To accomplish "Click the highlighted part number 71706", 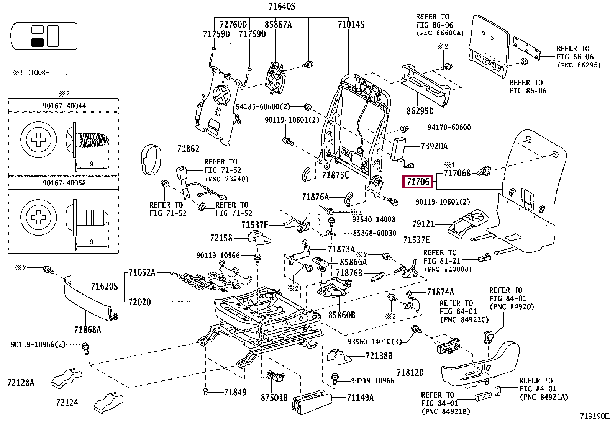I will [x=418, y=182].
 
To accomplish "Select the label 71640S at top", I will [x=282, y=7].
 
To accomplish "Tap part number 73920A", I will [x=434, y=146].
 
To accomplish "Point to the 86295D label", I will [x=420, y=111].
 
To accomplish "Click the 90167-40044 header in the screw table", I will [x=64, y=105].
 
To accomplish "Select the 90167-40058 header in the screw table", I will [x=64, y=183].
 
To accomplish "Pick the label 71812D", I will [x=410, y=372].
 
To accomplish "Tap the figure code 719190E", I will [x=594, y=415].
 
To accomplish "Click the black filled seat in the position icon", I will [x=38, y=42].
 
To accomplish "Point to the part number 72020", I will [x=139, y=302].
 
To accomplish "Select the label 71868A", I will [x=87, y=329].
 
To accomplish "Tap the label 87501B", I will [x=274, y=398].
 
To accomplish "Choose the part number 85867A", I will [x=278, y=25].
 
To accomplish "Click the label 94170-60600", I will [x=449, y=127].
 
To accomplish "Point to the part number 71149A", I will [x=360, y=398].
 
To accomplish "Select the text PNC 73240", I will [x=227, y=179].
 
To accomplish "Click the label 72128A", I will [x=21, y=382].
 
